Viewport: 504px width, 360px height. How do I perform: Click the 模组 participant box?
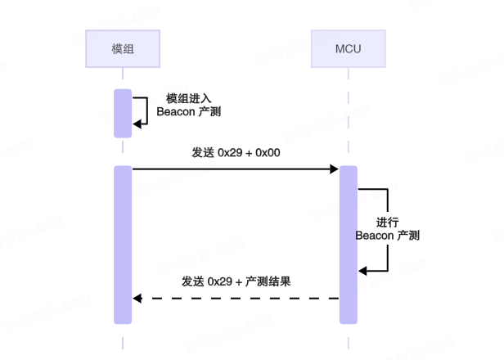click(x=123, y=49)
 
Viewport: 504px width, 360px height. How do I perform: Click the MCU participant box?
click(x=348, y=49)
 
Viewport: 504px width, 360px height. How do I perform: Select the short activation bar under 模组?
click(x=123, y=113)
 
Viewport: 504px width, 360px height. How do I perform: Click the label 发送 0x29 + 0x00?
click(x=237, y=152)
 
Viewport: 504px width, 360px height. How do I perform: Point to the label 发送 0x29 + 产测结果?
click(x=236, y=281)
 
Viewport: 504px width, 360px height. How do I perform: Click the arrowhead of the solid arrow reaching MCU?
click(x=335, y=169)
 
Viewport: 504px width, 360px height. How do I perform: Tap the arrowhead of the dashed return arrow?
click(x=137, y=299)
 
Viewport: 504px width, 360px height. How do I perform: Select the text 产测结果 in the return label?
click(x=270, y=281)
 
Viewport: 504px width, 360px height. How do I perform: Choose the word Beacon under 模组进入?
click(x=174, y=111)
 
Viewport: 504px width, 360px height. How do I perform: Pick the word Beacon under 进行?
click(x=374, y=236)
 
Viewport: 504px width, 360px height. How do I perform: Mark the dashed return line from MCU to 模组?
click(x=237, y=299)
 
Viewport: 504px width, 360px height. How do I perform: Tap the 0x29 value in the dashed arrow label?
click(x=221, y=281)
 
